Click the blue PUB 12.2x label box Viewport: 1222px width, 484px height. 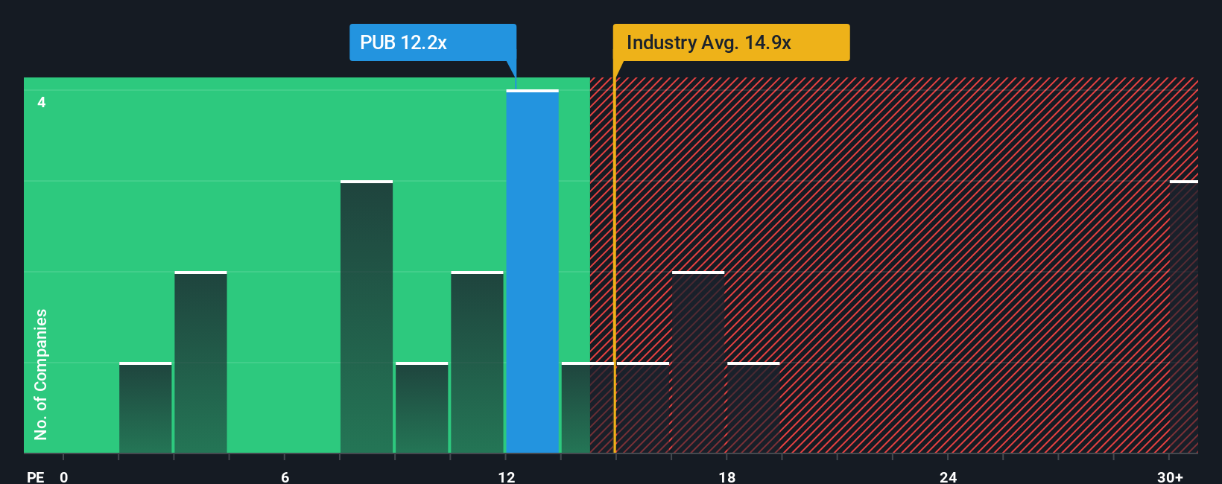pos(432,42)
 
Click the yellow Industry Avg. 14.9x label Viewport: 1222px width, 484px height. pos(731,42)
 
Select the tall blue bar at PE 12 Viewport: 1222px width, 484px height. pos(532,272)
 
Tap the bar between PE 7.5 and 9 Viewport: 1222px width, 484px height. pos(367,317)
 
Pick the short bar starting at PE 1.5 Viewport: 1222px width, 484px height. pos(145,408)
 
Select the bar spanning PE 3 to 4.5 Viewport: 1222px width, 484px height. pos(200,363)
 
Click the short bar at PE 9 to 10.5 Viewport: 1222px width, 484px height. pos(422,408)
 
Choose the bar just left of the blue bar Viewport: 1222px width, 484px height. pos(477,363)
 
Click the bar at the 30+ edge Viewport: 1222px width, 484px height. pos(1183,317)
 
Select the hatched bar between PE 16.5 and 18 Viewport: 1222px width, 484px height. pos(698,363)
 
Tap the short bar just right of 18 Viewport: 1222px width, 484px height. pos(753,408)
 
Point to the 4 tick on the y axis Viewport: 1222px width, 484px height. pos(42,102)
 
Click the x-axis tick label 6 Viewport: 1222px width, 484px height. pos(285,477)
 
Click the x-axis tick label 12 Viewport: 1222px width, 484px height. pos(506,477)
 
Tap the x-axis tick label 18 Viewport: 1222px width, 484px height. pos(727,477)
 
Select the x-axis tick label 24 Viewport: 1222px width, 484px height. pos(948,477)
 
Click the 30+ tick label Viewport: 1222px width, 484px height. pos(1170,477)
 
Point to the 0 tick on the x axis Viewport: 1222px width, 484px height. pos(64,477)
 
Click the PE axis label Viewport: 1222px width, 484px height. pos(35,477)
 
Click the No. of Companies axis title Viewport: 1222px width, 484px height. pos(41,374)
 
